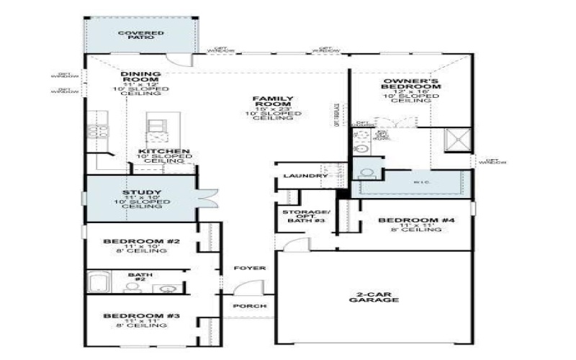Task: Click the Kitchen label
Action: point(163,152)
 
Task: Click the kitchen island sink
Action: point(156,125)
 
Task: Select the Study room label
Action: point(141,192)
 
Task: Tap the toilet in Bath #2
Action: point(132,287)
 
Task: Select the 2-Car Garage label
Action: point(374,297)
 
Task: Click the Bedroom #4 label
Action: point(409,220)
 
